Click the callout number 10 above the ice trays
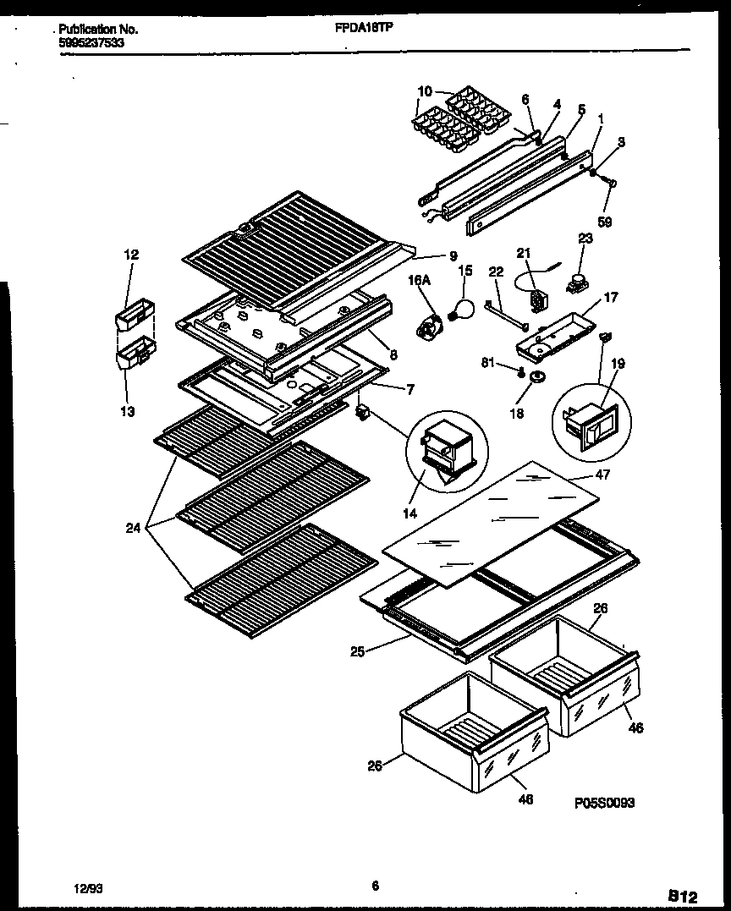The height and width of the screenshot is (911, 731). click(x=425, y=91)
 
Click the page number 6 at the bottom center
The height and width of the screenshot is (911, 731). click(x=373, y=886)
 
